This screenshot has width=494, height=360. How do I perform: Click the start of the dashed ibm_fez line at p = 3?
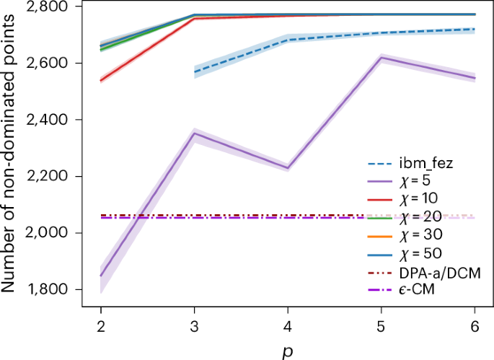(195, 72)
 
